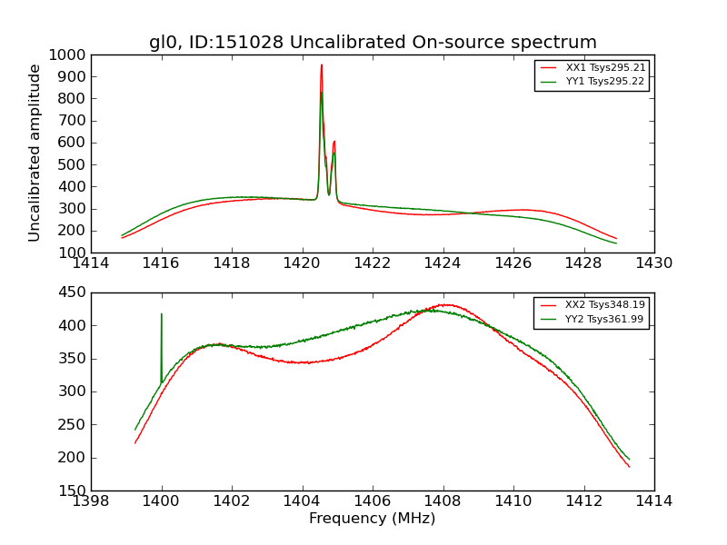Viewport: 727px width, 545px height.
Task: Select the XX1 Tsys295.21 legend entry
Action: [605, 67]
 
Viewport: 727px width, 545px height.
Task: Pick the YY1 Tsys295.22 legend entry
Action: [605, 81]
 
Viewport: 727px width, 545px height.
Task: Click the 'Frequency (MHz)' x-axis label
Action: [372, 519]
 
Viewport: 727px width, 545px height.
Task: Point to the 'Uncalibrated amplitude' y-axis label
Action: [35, 153]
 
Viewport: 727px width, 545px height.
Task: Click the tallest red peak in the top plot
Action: [321, 64]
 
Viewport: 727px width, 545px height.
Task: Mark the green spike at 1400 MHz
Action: [162, 315]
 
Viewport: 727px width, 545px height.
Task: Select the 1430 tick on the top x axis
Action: [653, 263]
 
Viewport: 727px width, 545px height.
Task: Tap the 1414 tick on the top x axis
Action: [91, 263]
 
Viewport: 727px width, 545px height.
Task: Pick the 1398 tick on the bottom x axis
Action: [91, 501]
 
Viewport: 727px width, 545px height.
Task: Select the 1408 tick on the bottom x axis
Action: [443, 501]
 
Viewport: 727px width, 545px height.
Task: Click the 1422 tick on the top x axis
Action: [373, 263]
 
